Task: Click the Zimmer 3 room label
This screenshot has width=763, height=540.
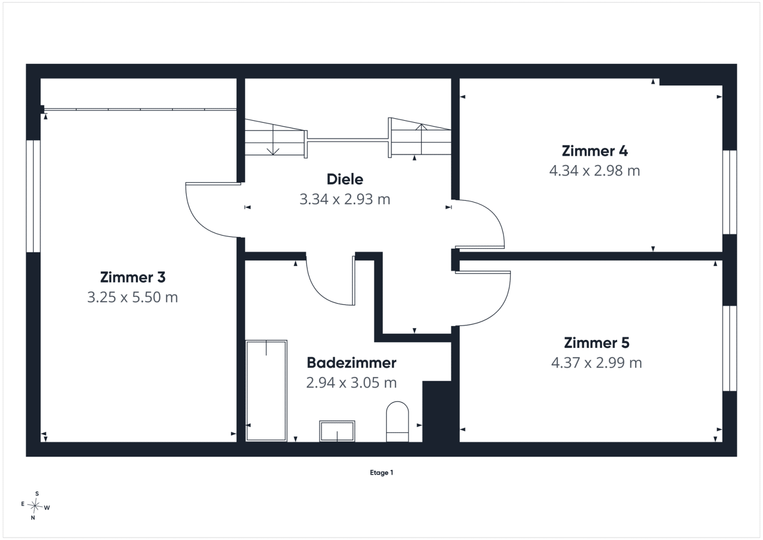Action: tap(133, 277)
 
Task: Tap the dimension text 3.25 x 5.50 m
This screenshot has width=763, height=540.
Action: tap(132, 297)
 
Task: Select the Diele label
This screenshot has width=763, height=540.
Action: tap(345, 179)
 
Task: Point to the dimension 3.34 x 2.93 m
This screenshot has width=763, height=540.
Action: tap(345, 199)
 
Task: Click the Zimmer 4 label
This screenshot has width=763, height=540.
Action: tap(595, 151)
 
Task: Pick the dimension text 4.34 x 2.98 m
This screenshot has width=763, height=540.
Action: tap(595, 171)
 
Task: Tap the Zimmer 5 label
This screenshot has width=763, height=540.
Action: tap(597, 343)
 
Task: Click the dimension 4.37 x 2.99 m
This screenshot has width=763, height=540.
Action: tap(597, 362)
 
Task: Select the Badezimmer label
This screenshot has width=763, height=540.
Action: tap(352, 362)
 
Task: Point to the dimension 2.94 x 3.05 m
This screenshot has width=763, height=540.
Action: tap(352, 382)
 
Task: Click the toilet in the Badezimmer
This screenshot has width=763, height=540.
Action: tap(397, 421)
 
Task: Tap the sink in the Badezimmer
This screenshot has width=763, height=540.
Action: tap(337, 431)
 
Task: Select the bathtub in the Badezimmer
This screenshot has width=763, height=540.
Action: tap(266, 390)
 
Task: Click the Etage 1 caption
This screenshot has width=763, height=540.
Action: tap(382, 472)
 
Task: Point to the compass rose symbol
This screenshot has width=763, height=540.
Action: tap(35, 506)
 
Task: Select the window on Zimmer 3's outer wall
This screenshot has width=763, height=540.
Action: tap(33, 196)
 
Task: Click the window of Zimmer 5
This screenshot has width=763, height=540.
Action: tap(730, 348)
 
